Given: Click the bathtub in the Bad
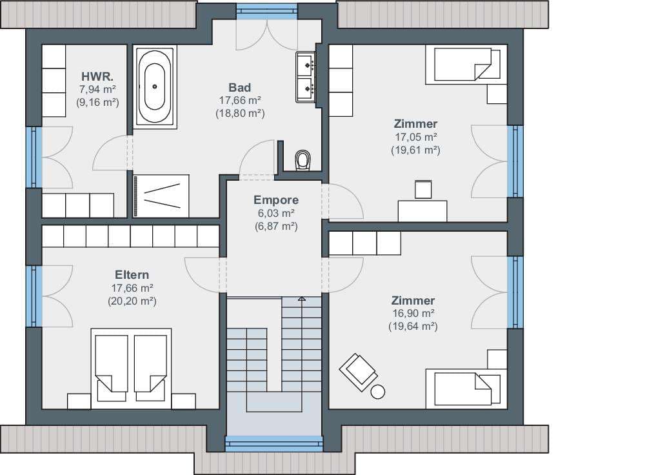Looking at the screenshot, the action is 155,86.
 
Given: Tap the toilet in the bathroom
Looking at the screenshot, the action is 303,159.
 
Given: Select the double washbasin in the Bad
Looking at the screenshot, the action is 306,77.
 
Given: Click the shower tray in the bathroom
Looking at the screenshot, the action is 161,196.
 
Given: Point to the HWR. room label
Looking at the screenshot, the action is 97,77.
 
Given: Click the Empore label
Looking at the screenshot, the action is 276,200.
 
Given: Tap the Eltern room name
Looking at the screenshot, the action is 132,274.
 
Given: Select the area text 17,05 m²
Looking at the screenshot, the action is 415,137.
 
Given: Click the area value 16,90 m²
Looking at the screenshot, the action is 413,313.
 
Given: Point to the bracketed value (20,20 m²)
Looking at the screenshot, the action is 132,301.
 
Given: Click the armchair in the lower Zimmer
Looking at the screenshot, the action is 358,372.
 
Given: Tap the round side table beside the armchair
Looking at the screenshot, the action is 377,392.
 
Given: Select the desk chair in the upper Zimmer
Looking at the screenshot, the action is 423,189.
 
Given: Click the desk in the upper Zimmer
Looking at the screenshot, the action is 422,211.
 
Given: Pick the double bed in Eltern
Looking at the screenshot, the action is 131,368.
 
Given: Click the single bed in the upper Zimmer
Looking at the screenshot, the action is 462,66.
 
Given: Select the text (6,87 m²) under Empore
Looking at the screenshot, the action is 276,227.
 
